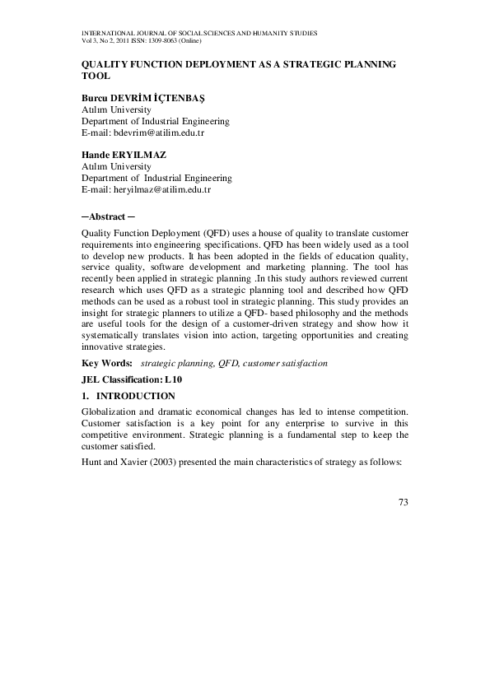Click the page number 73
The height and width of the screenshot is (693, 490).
(x=402, y=502)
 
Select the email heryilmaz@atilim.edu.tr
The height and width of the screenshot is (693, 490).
(x=162, y=189)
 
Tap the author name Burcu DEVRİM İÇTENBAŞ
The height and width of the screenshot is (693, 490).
(x=142, y=97)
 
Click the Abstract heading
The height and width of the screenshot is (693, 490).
(x=104, y=216)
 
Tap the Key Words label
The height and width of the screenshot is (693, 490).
(x=107, y=363)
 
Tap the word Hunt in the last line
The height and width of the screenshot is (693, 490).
(x=91, y=463)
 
